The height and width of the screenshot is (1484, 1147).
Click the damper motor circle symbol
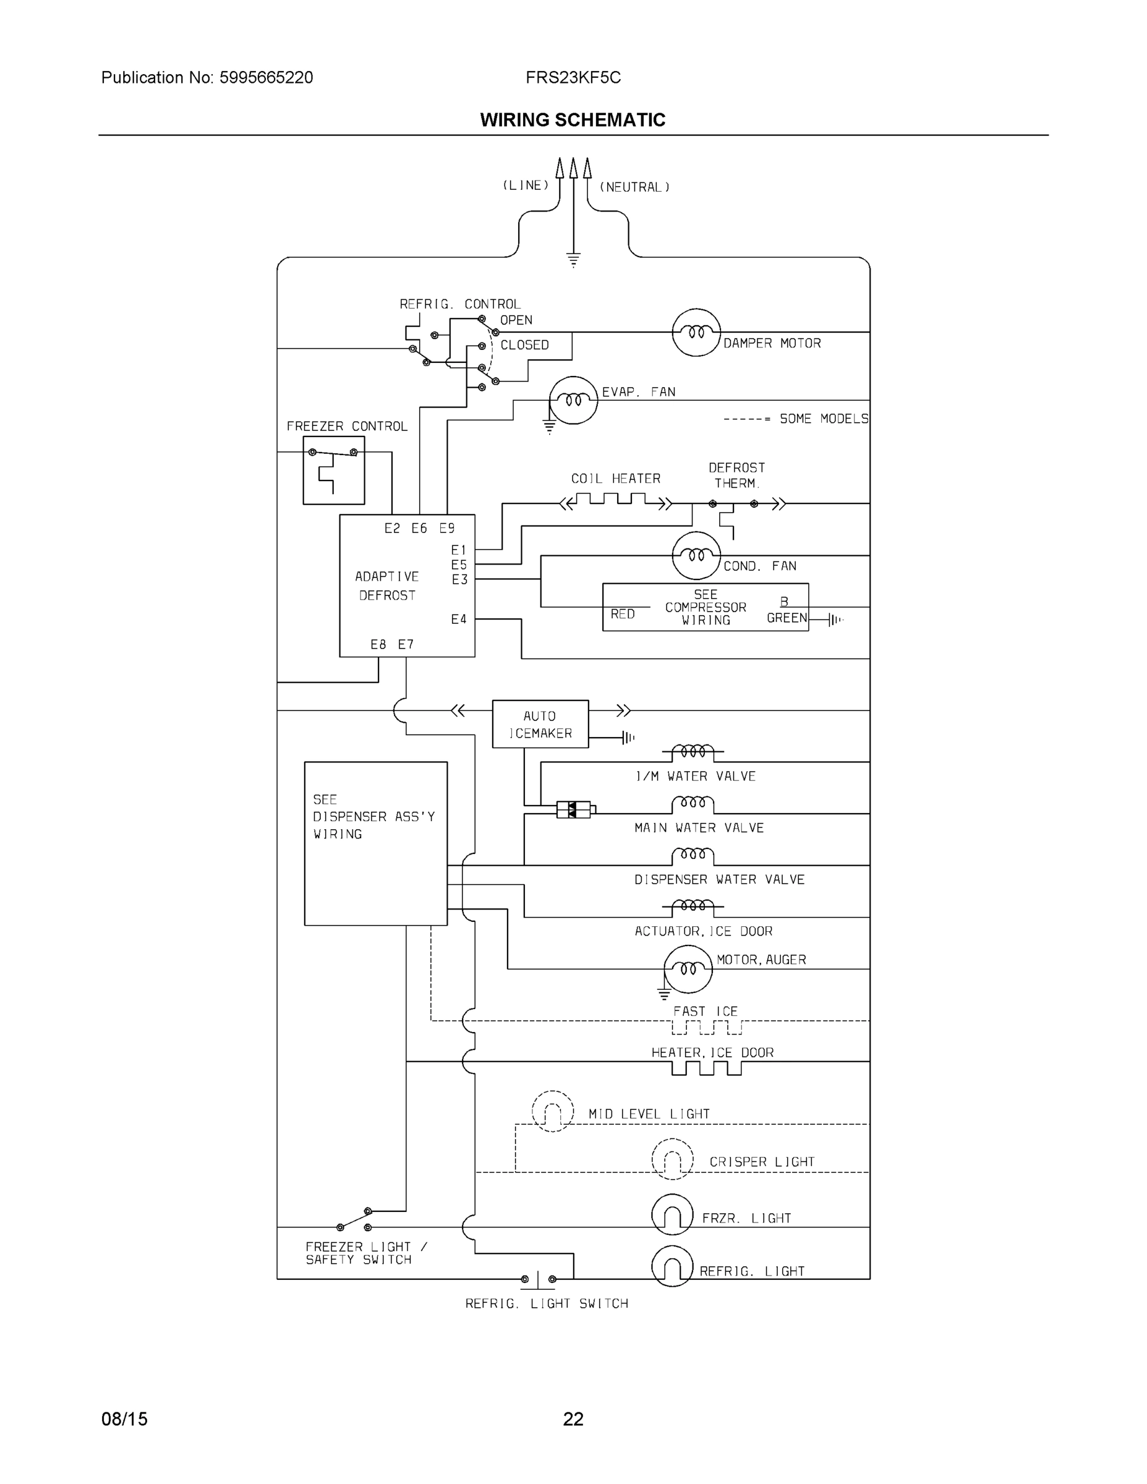coord(696,332)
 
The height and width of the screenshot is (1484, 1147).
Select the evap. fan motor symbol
coord(573,400)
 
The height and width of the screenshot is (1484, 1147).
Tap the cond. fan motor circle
coord(696,555)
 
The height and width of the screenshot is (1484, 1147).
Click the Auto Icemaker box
coord(540,723)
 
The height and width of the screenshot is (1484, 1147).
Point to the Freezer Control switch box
coord(334,470)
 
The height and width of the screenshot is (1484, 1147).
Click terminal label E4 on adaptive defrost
coord(459,619)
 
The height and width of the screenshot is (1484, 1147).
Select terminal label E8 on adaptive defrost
coord(378,644)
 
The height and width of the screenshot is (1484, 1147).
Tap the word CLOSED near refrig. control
coord(524,345)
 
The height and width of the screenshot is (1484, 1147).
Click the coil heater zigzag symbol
coord(616,502)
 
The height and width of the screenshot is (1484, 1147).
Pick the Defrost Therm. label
coord(736,475)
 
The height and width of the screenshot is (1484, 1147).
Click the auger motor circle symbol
coord(688,969)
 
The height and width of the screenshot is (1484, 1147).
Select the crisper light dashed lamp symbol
coord(672,1159)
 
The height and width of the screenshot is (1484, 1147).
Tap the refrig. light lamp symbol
coord(672,1266)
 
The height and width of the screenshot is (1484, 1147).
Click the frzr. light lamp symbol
coord(672,1214)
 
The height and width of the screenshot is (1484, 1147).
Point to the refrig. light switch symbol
coord(538,1279)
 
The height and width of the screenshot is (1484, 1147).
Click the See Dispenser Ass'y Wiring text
coord(373,817)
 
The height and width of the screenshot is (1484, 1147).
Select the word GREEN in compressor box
coord(786,618)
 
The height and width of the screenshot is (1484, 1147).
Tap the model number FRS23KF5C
coord(573,77)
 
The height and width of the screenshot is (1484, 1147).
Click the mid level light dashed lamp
coord(552,1111)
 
